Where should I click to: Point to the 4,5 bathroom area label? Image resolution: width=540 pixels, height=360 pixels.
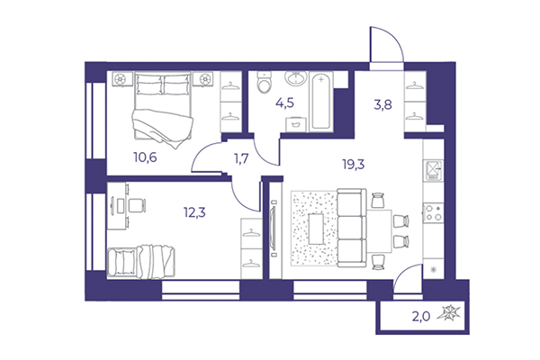(286, 101)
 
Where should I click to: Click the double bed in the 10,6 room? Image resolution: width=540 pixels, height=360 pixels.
(163, 107)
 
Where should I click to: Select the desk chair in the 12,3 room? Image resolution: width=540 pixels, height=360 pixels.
(135, 205)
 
